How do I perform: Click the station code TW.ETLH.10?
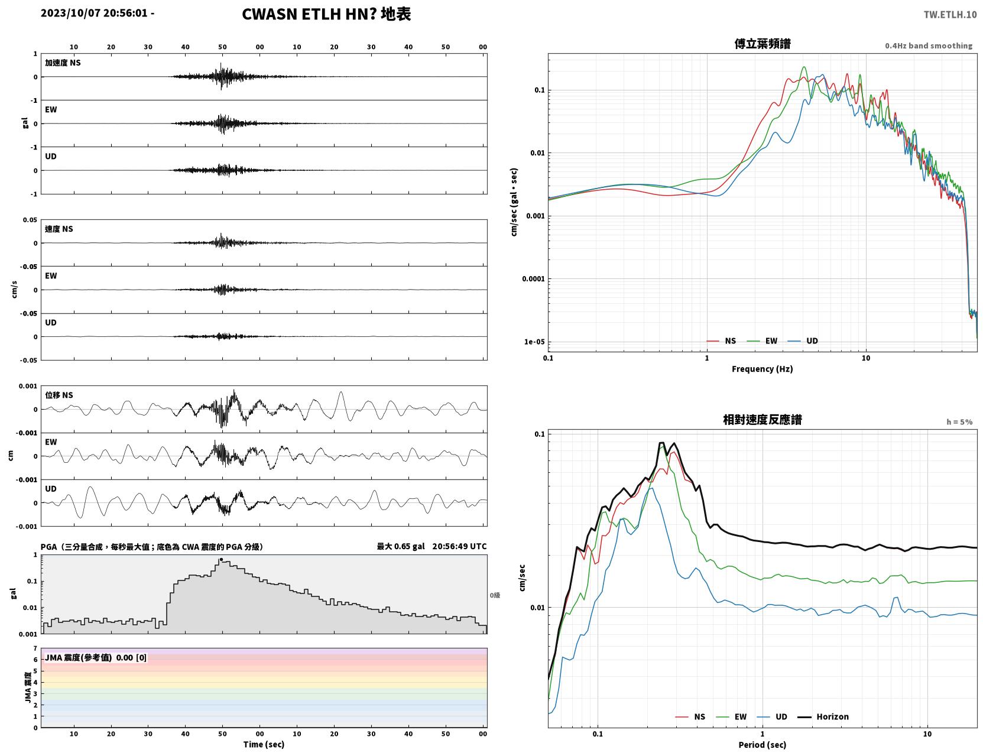pyautogui.click(x=950, y=15)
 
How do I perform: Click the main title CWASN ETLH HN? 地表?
pyautogui.click(x=326, y=14)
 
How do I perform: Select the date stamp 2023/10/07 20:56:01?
pyautogui.click(x=94, y=13)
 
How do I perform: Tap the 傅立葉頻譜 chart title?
pyautogui.click(x=763, y=44)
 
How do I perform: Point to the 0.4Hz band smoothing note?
pyautogui.click(x=928, y=46)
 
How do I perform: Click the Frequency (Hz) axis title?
pyautogui.click(x=763, y=369)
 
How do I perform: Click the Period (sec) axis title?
pyautogui.click(x=763, y=745)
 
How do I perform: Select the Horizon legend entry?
pyautogui.click(x=823, y=716)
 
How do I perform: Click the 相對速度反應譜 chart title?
pyautogui.click(x=763, y=420)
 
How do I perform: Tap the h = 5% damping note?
pyautogui.click(x=959, y=422)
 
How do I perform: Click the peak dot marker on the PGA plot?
pyautogui.click(x=221, y=559)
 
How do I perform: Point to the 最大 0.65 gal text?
pyautogui.click(x=400, y=546)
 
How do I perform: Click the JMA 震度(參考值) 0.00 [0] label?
pyautogui.click(x=95, y=657)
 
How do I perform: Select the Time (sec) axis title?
pyautogui.click(x=264, y=744)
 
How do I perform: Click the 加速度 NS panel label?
pyautogui.click(x=63, y=63)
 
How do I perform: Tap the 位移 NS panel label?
pyautogui.click(x=59, y=395)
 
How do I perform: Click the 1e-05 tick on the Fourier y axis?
pyautogui.click(x=534, y=342)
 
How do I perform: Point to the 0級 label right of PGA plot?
pyautogui.click(x=495, y=595)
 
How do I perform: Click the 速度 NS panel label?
pyautogui.click(x=59, y=229)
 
